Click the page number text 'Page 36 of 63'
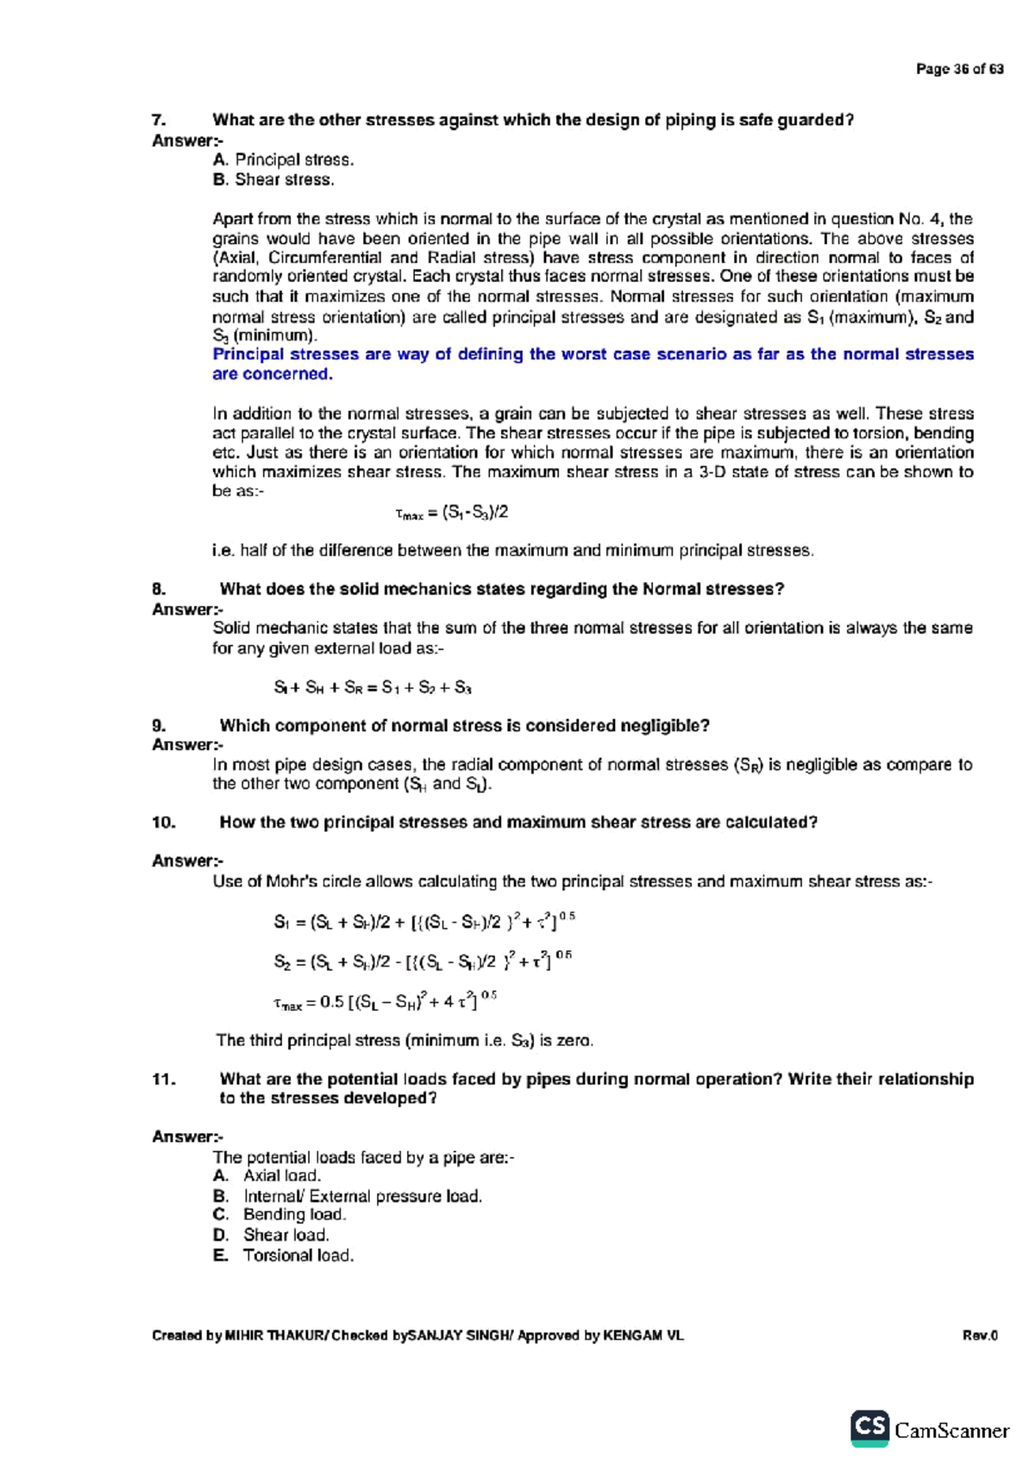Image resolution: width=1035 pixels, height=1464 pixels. point(959,69)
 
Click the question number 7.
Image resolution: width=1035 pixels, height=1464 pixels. point(158,120)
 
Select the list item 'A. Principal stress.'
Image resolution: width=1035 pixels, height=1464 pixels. point(283,160)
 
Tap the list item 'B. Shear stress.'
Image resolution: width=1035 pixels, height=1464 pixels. point(273,179)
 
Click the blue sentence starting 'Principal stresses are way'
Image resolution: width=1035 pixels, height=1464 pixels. point(593,364)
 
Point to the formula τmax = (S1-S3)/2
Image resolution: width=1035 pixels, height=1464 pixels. point(451,513)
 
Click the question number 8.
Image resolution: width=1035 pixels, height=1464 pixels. point(159,589)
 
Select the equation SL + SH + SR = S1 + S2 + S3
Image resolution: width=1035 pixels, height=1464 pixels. point(373,687)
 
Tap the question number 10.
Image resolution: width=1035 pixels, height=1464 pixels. point(163,822)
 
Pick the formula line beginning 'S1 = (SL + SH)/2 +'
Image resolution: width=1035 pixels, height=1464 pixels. point(423,922)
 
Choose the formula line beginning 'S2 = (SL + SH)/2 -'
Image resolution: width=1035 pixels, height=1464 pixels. point(422,960)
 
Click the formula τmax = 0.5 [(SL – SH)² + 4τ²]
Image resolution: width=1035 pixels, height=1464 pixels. point(385,1001)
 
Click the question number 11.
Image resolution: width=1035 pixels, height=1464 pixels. point(163,1079)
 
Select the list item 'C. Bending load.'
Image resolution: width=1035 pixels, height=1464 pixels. point(279,1214)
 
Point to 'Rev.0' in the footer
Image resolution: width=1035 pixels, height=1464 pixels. point(980,1336)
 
